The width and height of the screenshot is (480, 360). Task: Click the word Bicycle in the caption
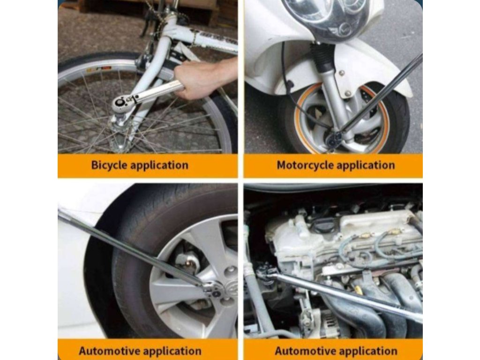(109, 165)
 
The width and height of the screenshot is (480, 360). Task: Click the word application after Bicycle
(159, 165)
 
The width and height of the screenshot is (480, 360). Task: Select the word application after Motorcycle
(366, 165)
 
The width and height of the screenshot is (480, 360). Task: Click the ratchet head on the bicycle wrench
(121, 105)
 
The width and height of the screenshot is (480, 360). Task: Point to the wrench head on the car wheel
(213, 290)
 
